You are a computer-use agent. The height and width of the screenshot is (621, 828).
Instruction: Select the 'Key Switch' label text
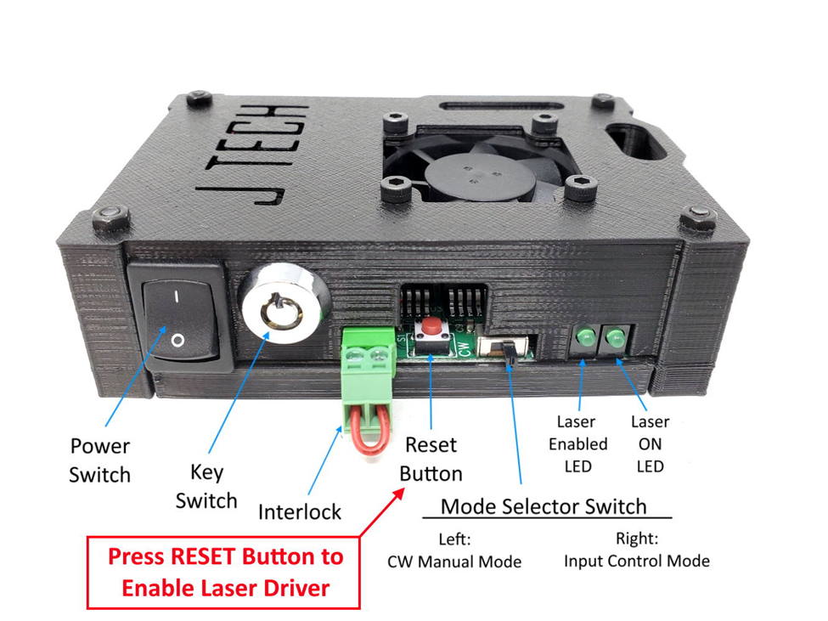pyautogui.click(x=206, y=485)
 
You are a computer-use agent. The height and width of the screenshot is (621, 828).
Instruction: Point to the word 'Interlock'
pyautogui.click(x=300, y=512)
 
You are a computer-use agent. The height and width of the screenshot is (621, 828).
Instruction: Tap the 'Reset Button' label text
pyautogui.click(x=431, y=459)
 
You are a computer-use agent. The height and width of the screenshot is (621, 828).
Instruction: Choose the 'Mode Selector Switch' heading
pyautogui.click(x=544, y=508)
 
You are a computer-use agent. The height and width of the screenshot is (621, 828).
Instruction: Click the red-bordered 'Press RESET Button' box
pyautogui.click(x=225, y=572)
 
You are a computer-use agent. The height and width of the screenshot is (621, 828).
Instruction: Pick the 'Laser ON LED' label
pyautogui.click(x=650, y=443)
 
